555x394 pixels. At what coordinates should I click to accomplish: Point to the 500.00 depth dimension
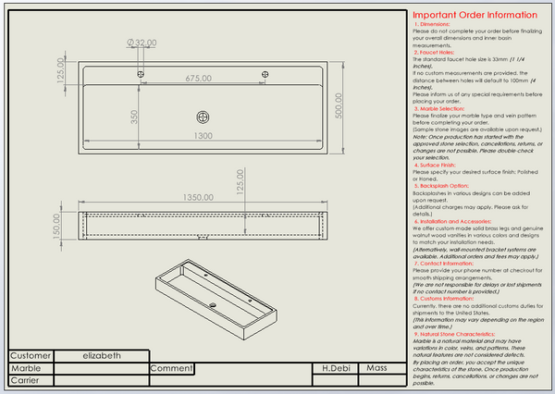click(339, 110)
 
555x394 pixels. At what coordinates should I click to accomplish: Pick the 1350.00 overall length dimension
click(203, 197)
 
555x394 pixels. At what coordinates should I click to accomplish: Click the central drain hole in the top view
click(203, 117)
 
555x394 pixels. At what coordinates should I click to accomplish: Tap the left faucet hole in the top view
click(141, 72)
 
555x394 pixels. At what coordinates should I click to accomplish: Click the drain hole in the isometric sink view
click(212, 304)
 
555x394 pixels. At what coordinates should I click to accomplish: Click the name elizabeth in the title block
click(101, 355)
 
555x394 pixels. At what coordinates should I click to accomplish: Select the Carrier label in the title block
click(26, 379)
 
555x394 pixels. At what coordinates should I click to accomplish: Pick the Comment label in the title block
click(170, 367)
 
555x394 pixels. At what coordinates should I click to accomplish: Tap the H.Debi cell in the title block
click(336, 367)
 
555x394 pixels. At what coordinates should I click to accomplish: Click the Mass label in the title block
click(376, 367)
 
